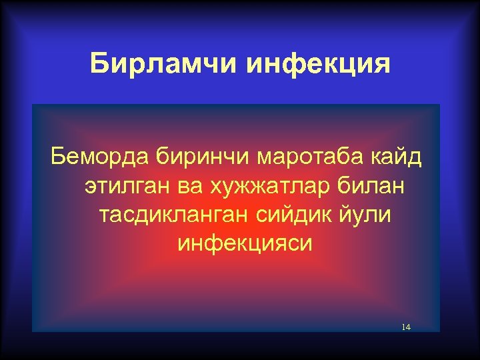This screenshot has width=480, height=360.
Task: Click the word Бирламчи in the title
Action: tap(163, 64)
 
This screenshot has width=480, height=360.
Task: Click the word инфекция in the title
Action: tap(318, 64)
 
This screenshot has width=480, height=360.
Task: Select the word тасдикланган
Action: tap(169, 215)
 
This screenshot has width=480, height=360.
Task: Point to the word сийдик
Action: tap(293, 215)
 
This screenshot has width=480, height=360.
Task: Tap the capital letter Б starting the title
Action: tap(98, 64)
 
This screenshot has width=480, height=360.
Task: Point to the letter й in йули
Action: tap(346, 214)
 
